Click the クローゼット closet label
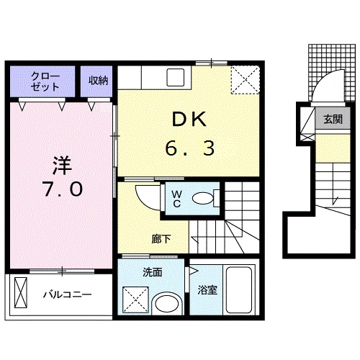click(x=45, y=81)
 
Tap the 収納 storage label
click(x=98, y=81)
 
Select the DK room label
click(x=189, y=119)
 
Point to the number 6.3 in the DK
click(x=189, y=148)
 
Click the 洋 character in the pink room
click(x=63, y=166)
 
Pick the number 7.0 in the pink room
click(x=63, y=189)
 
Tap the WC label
click(x=177, y=199)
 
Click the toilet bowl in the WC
click(x=203, y=199)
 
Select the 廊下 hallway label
click(x=161, y=239)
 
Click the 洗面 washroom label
click(x=153, y=272)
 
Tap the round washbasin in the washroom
click(x=167, y=304)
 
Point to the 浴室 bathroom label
click(x=207, y=290)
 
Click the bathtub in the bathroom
click(x=239, y=290)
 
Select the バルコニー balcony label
click(x=68, y=294)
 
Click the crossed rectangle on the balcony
click(x=21, y=292)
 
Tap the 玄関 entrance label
click(x=333, y=120)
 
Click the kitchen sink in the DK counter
click(x=176, y=77)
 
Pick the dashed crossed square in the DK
click(x=246, y=80)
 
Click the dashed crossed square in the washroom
click(x=135, y=300)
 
